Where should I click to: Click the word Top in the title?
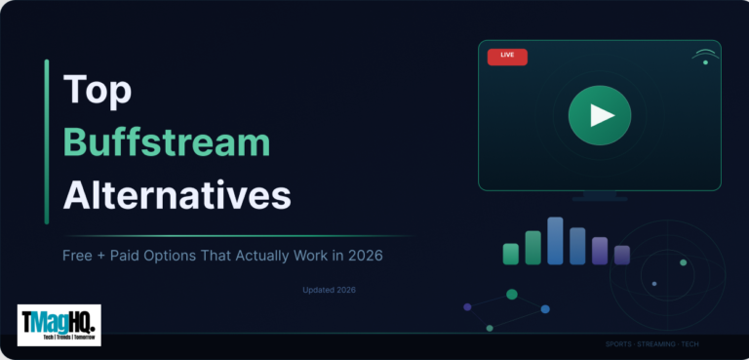pos(98,90)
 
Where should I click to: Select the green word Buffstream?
pos(166,142)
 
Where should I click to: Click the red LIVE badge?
pos(507,56)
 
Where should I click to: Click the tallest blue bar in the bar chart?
pos(555,240)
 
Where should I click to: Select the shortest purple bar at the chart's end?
pos(621,255)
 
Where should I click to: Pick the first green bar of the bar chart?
pos(510,254)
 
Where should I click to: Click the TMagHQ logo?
pos(59,325)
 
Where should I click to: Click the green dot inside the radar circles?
pos(683,262)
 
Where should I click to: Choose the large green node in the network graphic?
pos(512,294)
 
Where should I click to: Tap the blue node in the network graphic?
pos(545,309)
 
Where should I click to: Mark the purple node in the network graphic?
pos(467,306)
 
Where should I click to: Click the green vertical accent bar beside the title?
pos(46,141)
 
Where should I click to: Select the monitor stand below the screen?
pos(599,195)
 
